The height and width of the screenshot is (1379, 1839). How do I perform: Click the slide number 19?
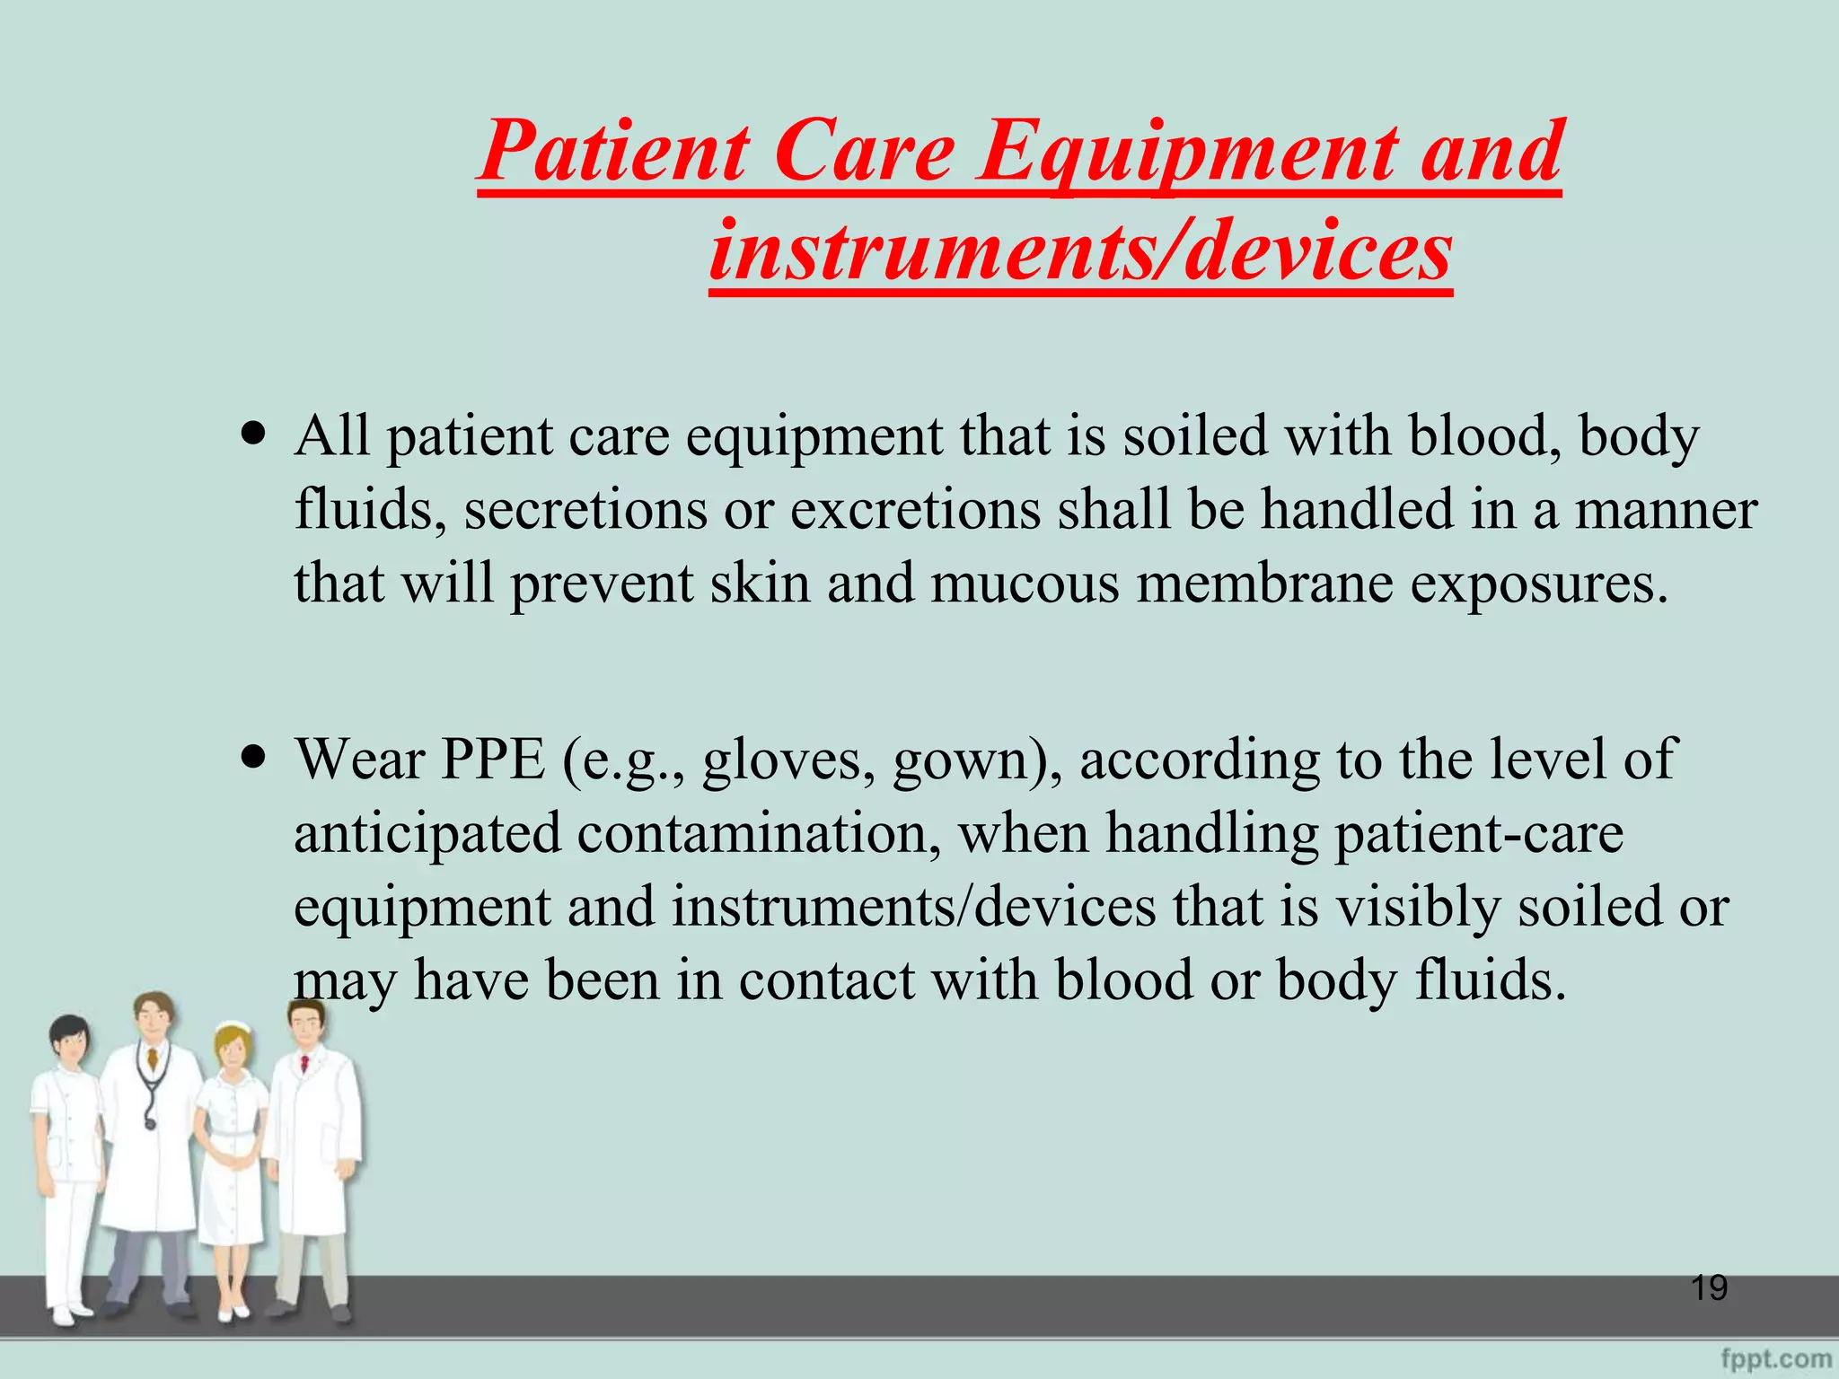point(1709,1288)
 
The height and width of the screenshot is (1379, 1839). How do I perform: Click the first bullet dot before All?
point(255,435)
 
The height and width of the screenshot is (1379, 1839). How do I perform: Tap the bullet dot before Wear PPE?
point(255,757)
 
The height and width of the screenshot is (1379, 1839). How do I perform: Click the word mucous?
point(1025,584)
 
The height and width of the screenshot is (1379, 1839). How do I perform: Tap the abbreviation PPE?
point(493,759)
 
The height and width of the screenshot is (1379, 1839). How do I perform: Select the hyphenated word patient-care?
point(1479,832)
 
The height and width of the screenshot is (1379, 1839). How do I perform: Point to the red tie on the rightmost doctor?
point(305,1063)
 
